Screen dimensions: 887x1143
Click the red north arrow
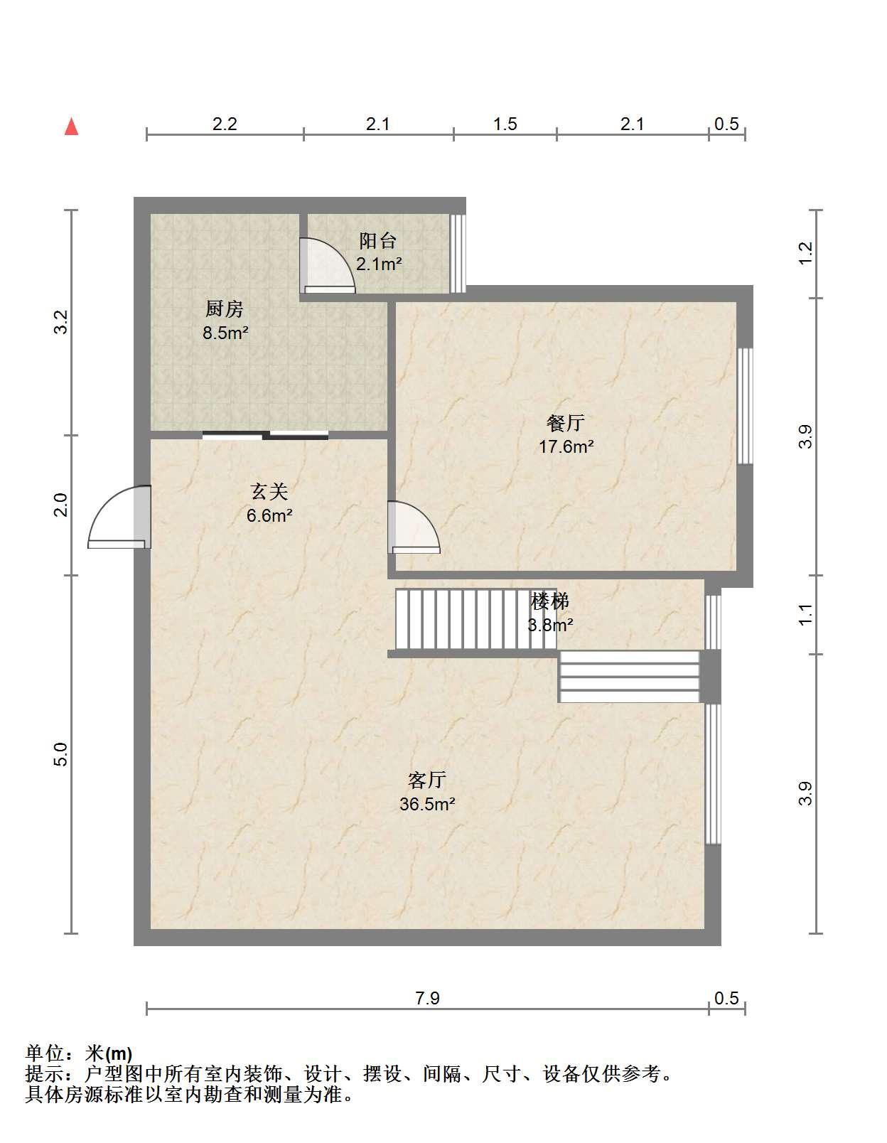72,127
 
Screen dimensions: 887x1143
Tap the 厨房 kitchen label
225,308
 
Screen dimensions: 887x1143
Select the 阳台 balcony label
377,240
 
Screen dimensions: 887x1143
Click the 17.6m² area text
566,446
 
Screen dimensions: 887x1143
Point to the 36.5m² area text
427,804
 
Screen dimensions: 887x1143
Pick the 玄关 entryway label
269,492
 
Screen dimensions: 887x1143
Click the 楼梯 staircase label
550,601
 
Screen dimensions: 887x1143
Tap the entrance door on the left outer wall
120,517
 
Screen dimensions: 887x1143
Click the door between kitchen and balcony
327,266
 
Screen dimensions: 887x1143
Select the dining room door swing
414,527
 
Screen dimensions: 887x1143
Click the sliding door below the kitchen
266,435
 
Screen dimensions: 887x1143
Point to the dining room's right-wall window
745,406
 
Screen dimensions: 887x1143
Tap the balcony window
458,254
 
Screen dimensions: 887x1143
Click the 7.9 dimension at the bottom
427,998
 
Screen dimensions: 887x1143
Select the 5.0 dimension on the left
62,754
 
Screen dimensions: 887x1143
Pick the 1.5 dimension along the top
505,124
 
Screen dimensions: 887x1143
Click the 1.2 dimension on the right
805,254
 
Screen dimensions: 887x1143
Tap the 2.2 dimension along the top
225,124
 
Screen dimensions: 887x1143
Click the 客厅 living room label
427,780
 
